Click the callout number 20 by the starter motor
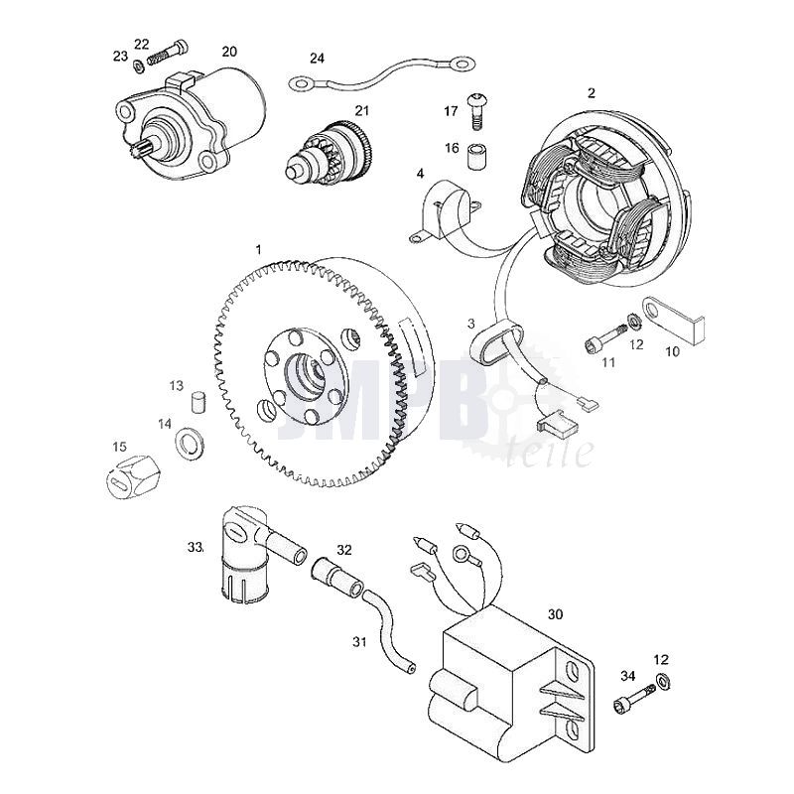pos(229,51)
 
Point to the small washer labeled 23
pos(139,66)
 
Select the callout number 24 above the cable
pos(317,58)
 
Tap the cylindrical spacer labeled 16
pos(477,155)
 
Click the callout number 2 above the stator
pos(592,93)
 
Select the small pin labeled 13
pos(198,406)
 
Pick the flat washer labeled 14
pos(188,441)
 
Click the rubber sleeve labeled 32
pos(334,576)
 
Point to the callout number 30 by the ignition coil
pos(555,613)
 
